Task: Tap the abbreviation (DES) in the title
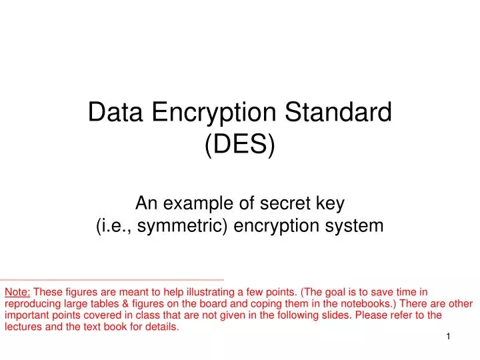(x=240, y=145)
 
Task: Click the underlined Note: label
(x=17, y=291)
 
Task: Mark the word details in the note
(x=163, y=327)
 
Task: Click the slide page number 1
(x=449, y=338)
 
